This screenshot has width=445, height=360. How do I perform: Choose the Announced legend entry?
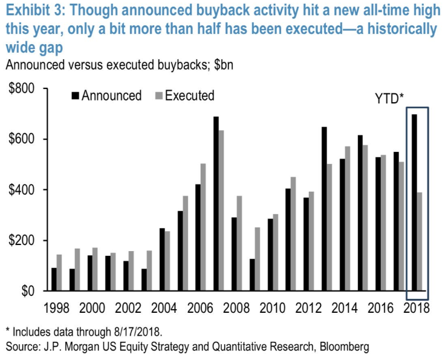tap(106, 96)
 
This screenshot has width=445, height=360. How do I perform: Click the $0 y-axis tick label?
tap(28, 291)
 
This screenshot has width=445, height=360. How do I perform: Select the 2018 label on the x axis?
tap(417, 308)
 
